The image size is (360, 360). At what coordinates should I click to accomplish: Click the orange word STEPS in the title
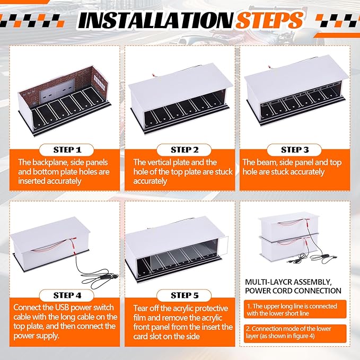click(x=269, y=21)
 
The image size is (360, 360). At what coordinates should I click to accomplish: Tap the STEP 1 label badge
click(x=67, y=150)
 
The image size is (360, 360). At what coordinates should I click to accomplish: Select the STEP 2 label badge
click(x=184, y=150)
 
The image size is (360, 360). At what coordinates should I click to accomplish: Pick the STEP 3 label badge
click(x=295, y=150)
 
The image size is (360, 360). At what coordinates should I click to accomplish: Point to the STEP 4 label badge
click(x=67, y=295)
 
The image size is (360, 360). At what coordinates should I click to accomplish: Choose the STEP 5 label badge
click(x=184, y=295)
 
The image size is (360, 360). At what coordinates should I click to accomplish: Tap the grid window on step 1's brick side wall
click(x=99, y=80)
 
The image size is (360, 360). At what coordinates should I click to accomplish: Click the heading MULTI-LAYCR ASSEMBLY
click(x=288, y=282)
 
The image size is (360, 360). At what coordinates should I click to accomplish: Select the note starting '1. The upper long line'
click(x=295, y=310)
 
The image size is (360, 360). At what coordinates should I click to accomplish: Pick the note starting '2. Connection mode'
click(x=295, y=332)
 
